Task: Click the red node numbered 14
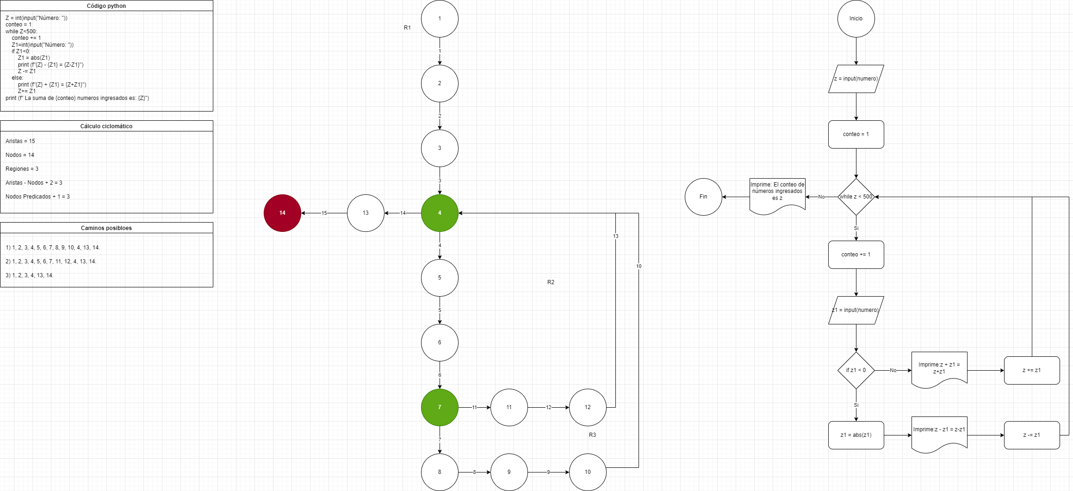(282, 213)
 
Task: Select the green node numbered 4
(440, 213)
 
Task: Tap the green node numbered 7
(440, 407)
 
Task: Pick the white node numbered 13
(366, 213)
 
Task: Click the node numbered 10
(588, 472)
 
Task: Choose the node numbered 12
(588, 407)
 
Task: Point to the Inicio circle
(856, 19)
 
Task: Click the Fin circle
(703, 197)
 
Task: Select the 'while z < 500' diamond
(856, 197)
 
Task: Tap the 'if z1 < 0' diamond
(856, 370)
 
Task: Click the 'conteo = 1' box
(856, 134)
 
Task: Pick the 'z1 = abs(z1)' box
(856, 435)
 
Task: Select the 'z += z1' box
(1032, 370)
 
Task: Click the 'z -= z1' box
(1032, 435)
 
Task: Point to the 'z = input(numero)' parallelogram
(856, 79)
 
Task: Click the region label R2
(551, 282)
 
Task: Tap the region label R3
(592, 435)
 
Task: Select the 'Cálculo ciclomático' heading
(106, 126)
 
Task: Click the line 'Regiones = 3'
(22, 169)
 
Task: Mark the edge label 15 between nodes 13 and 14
(324, 213)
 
